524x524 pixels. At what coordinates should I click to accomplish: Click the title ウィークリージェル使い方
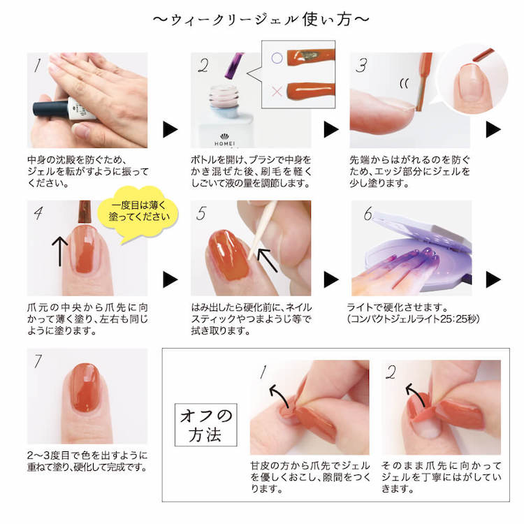(261, 20)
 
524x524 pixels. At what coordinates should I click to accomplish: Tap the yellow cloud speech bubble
(138, 213)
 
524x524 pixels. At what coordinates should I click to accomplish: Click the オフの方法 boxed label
(205, 425)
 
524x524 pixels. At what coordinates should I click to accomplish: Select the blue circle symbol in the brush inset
(277, 58)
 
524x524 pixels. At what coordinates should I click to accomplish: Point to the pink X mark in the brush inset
(277, 91)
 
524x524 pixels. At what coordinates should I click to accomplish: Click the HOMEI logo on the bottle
(224, 141)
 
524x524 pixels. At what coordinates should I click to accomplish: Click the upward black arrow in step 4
(59, 252)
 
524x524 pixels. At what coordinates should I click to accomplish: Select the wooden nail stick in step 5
(262, 231)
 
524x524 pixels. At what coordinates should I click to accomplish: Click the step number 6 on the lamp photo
(368, 214)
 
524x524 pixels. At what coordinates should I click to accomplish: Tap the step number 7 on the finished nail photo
(38, 361)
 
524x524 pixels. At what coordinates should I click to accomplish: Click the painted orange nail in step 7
(86, 387)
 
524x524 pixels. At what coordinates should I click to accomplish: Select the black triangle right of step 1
(170, 129)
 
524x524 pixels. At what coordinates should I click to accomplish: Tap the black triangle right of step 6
(493, 279)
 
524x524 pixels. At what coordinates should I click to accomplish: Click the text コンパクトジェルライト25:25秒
(414, 319)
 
